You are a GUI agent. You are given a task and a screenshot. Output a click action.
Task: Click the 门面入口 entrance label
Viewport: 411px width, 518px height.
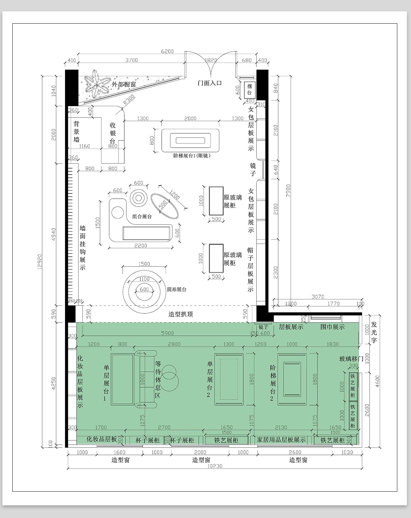coord(209,83)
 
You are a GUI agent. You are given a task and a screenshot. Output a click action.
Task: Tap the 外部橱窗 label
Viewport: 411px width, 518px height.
coord(124,84)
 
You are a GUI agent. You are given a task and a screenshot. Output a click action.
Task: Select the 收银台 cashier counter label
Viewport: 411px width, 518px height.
coord(113,133)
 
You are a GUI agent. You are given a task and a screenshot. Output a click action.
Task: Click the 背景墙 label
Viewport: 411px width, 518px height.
coord(76,132)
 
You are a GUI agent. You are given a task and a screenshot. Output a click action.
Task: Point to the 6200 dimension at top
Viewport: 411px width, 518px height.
coord(167,51)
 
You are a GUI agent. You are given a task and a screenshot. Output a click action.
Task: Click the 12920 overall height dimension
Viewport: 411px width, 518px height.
coord(40,262)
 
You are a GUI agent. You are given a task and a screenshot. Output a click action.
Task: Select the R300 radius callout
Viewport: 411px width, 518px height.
coord(129,99)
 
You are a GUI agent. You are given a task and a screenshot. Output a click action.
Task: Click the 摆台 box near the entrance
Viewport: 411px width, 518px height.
coord(250,90)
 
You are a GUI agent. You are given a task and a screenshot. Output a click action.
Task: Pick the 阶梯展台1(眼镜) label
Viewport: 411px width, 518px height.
coord(192,156)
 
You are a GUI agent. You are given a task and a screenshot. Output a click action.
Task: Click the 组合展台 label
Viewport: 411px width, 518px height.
coord(142,217)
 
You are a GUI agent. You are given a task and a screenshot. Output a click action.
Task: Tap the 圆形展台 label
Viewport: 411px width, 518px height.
coord(177,289)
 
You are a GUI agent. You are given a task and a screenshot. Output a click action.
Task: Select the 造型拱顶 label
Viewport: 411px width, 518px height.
coord(180,314)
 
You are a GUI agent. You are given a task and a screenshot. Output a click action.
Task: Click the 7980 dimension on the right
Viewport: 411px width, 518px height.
coord(288,190)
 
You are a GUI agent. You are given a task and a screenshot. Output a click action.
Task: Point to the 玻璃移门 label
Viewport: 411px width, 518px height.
coord(351,359)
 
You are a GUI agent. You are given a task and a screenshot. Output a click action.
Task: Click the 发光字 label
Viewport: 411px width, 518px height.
coord(374,332)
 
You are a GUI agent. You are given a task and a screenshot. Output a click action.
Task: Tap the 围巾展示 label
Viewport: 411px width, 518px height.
coord(333,327)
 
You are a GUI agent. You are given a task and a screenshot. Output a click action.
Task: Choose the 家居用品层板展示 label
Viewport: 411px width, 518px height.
coord(281,440)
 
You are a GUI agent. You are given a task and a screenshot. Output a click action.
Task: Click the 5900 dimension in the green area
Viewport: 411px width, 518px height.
coord(167,333)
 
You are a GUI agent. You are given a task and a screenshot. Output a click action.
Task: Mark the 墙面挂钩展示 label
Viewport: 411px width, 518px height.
coord(83,248)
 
